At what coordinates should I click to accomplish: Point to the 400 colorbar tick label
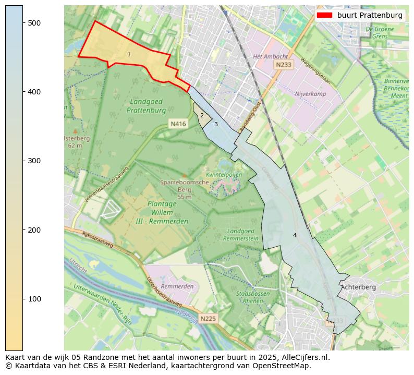pyautogui.click(x=34, y=92)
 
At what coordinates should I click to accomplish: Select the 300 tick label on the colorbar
pyautogui.click(x=34, y=161)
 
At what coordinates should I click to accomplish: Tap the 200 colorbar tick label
pyautogui.click(x=34, y=230)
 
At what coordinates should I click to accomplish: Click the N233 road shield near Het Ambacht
pyautogui.click(x=284, y=65)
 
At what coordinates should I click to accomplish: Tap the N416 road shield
pyautogui.click(x=178, y=124)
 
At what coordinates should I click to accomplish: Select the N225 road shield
pyautogui.click(x=208, y=318)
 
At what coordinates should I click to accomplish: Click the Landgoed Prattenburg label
pyautogui.click(x=146, y=106)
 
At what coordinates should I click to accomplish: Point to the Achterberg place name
pyautogui.click(x=358, y=287)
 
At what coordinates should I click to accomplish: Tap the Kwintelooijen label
pyautogui.click(x=224, y=175)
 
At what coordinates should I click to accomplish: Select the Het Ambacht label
pyautogui.click(x=270, y=56)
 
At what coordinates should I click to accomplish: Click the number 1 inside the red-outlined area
pyautogui.click(x=129, y=54)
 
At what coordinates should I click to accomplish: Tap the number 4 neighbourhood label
pyautogui.click(x=295, y=235)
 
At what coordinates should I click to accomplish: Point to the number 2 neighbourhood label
pyautogui.click(x=202, y=115)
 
